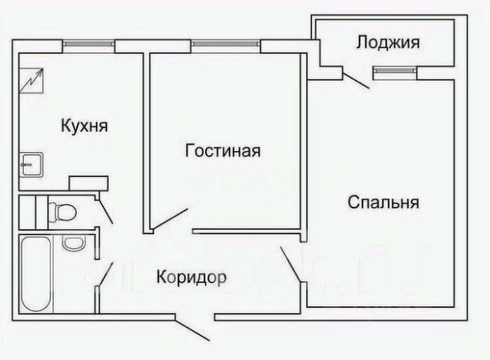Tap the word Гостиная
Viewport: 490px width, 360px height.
(x=223, y=150)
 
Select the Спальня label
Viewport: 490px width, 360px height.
(x=383, y=202)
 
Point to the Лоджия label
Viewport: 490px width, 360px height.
(x=387, y=43)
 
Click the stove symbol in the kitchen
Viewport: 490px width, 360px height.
(x=33, y=78)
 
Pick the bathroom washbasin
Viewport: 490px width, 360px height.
(x=73, y=244)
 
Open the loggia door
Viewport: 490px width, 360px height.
(x=356, y=79)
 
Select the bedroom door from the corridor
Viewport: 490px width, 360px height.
(x=292, y=264)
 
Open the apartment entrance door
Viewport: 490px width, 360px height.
(x=194, y=329)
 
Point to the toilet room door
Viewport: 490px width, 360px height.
(x=105, y=208)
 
